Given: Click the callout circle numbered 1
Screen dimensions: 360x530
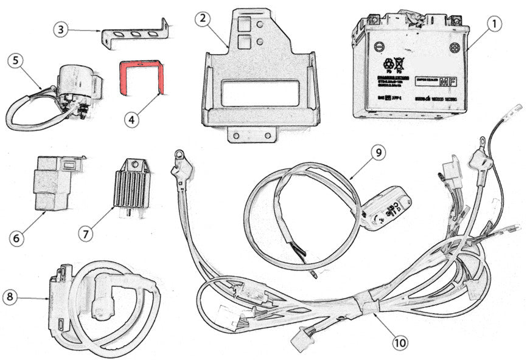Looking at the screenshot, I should tap(495, 25).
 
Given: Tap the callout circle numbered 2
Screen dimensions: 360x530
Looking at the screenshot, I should tap(203, 19).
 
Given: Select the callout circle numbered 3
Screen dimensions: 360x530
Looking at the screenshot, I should tap(60, 29).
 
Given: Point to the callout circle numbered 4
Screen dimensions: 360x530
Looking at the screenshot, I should tap(132, 120).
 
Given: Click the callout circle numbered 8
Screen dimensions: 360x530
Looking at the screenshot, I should tap(10, 297).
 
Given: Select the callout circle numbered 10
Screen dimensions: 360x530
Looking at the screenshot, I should tap(400, 343).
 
